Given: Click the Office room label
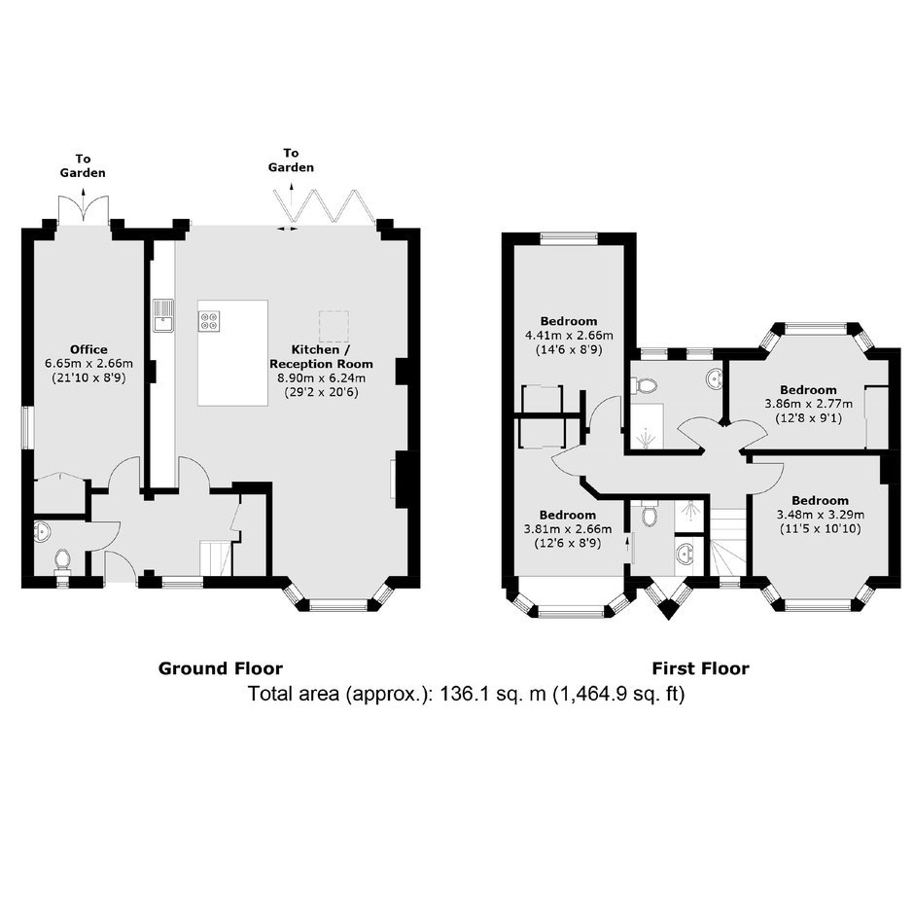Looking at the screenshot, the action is pyautogui.click(x=88, y=350).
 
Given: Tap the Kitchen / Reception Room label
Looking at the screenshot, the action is pyautogui.click(x=321, y=357).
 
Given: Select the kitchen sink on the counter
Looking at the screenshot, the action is pyautogui.click(x=163, y=315).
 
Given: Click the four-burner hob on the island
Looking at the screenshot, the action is pyautogui.click(x=209, y=321).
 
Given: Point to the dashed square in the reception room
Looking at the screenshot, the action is pyautogui.click(x=334, y=327).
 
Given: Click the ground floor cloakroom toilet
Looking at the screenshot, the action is pyautogui.click(x=62, y=559).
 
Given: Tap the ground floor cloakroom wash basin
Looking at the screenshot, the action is pyautogui.click(x=42, y=532).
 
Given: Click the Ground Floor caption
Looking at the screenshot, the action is pyautogui.click(x=221, y=668).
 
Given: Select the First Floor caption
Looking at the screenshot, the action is pyautogui.click(x=700, y=668).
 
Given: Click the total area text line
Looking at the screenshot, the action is pyautogui.click(x=467, y=694).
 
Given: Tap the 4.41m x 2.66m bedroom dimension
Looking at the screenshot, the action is pyautogui.click(x=569, y=336).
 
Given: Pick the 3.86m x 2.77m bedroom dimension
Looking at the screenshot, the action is pyautogui.click(x=808, y=404).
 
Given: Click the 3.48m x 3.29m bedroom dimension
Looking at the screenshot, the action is pyautogui.click(x=820, y=515).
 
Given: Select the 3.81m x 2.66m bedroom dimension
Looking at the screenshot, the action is pyautogui.click(x=568, y=529).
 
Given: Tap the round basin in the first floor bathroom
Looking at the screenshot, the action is pyautogui.click(x=713, y=379).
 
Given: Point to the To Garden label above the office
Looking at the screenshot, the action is pyautogui.click(x=83, y=165).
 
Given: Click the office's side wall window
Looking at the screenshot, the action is pyautogui.click(x=28, y=427).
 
